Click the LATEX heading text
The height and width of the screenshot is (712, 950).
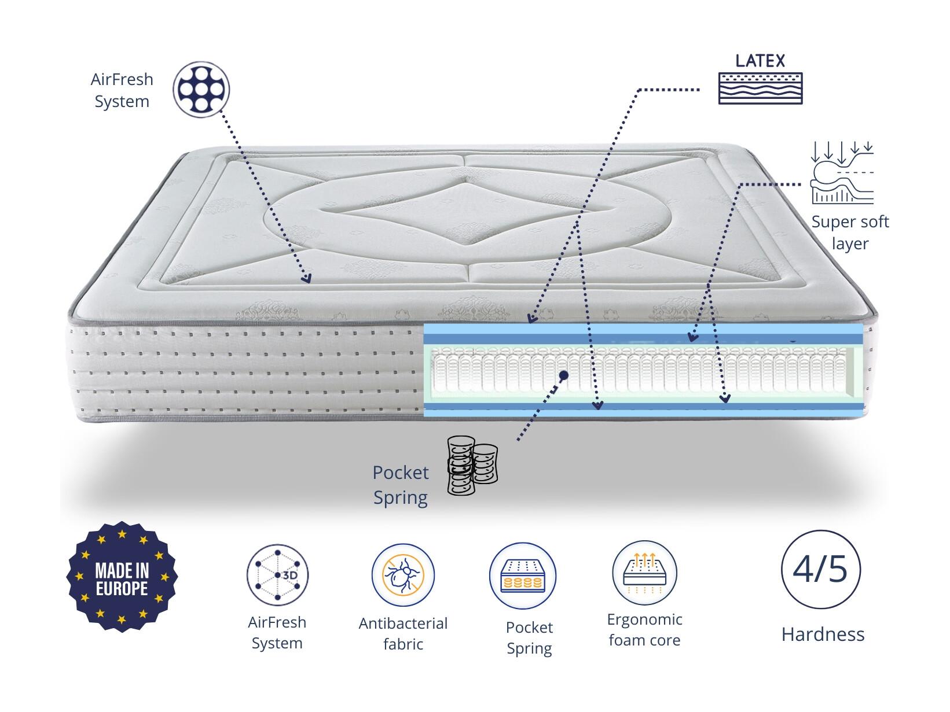[x=760, y=61]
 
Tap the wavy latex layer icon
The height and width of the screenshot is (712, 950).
[x=760, y=88]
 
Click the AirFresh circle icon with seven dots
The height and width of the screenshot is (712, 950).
[x=201, y=90]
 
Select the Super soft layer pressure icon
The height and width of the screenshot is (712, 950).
[x=842, y=172]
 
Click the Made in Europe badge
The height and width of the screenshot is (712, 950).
[x=122, y=577]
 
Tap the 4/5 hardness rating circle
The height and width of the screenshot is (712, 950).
[x=820, y=569]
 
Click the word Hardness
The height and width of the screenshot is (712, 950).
[x=823, y=634]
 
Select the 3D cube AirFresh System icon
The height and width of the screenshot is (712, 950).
[x=277, y=575]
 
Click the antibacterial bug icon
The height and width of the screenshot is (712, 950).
[x=403, y=575]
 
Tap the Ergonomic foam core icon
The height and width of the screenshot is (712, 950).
[x=644, y=573]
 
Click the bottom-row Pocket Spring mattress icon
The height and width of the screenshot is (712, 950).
[x=522, y=575]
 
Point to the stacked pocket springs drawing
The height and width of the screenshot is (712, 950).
[x=472, y=465]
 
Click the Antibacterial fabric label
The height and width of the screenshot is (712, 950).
[x=403, y=634]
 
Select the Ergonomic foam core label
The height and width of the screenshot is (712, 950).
[x=644, y=630]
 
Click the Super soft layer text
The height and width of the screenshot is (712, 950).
[x=850, y=233]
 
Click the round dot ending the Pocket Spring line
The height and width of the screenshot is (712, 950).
[x=563, y=376]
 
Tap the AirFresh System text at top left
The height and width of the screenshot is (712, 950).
[x=122, y=90]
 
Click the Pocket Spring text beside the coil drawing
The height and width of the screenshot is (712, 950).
[x=401, y=485]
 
